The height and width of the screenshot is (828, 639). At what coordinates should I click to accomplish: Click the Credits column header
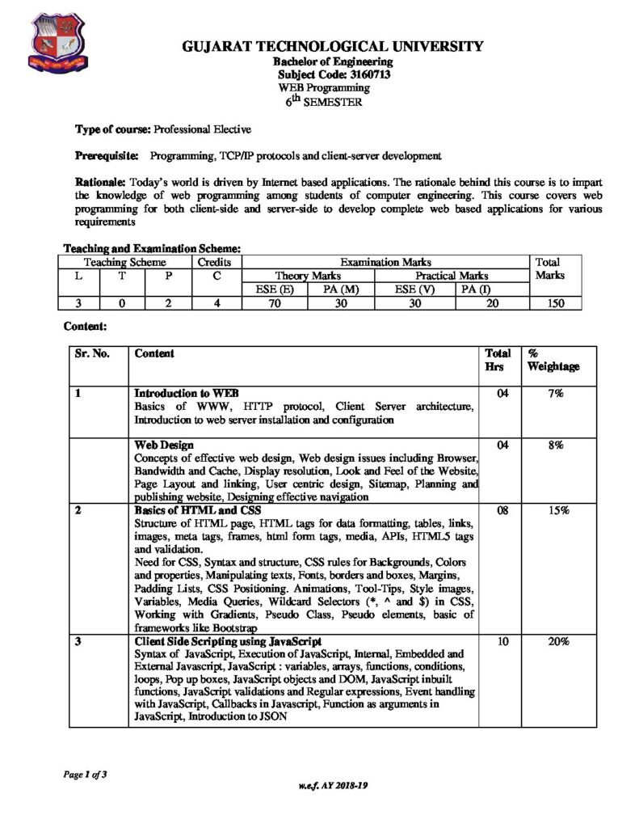point(215,262)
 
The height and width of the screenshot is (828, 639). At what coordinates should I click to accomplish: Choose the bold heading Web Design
point(164,445)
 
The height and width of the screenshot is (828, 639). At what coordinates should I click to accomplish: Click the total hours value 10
point(498,641)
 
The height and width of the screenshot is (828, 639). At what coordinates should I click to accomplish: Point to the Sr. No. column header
point(91,353)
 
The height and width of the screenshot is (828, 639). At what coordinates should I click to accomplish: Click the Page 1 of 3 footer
point(85,774)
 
